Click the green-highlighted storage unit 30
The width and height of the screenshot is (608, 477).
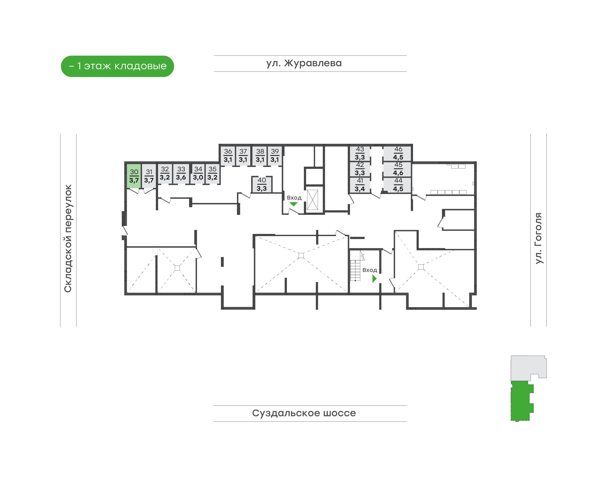tap(134, 176)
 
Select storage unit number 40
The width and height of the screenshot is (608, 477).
tap(261, 184)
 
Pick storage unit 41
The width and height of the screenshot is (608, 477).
tap(360, 185)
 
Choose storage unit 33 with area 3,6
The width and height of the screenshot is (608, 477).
tap(181, 173)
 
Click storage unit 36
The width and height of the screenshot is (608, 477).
tap(228, 155)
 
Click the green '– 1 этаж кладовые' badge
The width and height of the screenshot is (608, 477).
tap(117, 66)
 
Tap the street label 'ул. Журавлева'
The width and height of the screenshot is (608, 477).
tap(304, 63)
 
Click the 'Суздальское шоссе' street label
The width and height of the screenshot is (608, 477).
tap(304, 413)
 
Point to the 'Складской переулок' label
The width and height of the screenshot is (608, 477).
tap(68, 238)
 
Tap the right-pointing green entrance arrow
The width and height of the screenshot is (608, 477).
tap(374, 278)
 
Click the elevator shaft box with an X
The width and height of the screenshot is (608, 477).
tap(312, 200)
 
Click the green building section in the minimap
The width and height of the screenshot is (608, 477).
tap(522, 401)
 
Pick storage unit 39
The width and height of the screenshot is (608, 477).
tap(274, 155)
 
